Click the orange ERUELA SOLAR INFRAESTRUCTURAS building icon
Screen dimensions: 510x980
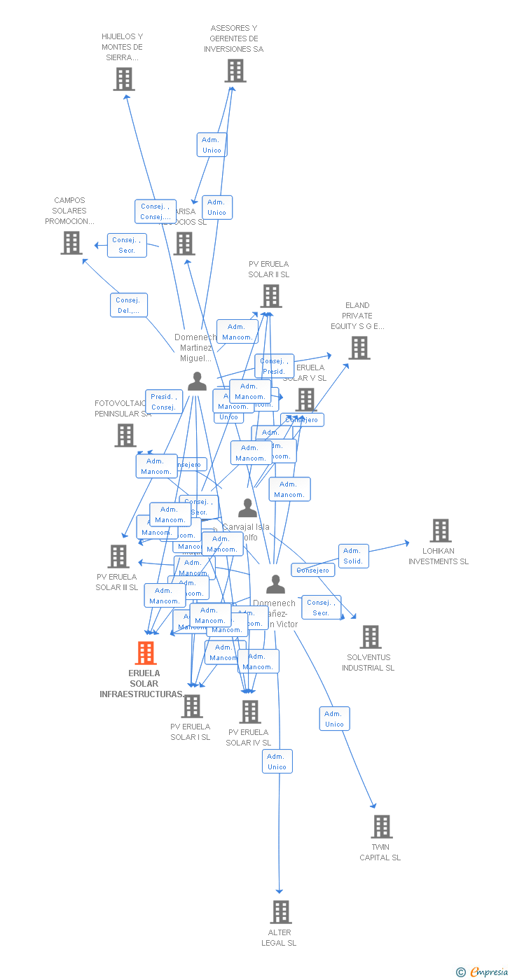[x=145, y=652]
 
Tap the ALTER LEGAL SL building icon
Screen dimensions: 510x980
[x=281, y=911]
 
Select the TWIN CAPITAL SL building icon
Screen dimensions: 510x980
[x=382, y=826]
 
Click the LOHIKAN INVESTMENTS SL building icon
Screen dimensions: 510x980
[x=440, y=531]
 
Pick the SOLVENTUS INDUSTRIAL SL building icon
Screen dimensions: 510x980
[x=371, y=637]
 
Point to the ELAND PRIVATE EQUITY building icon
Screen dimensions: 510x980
[x=359, y=348]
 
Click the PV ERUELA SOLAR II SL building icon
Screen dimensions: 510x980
[x=270, y=296]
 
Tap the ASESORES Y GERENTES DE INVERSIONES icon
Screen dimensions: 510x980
[x=235, y=71]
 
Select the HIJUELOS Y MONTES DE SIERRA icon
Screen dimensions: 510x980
[x=124, y=79]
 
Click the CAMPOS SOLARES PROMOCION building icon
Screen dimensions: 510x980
[x=71, y=243]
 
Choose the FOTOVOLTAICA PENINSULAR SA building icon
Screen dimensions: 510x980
[x=125, y=435]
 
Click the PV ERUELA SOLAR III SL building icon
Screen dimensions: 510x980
[x=118, y=556]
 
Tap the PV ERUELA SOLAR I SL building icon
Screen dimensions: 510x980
[x=191, y=706]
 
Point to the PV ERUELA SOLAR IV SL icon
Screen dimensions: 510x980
[x=249, y=712]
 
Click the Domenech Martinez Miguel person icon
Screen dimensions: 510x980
[x=197, y=381]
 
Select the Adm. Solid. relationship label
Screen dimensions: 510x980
[x=353, y=556]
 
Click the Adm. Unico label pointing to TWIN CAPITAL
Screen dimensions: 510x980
[x=334, y=719]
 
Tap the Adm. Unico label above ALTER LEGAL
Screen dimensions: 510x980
[x=277, y=761]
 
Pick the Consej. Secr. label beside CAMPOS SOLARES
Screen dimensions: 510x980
[x=127, y=245]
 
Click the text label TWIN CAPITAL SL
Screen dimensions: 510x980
[x=380, y=852]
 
